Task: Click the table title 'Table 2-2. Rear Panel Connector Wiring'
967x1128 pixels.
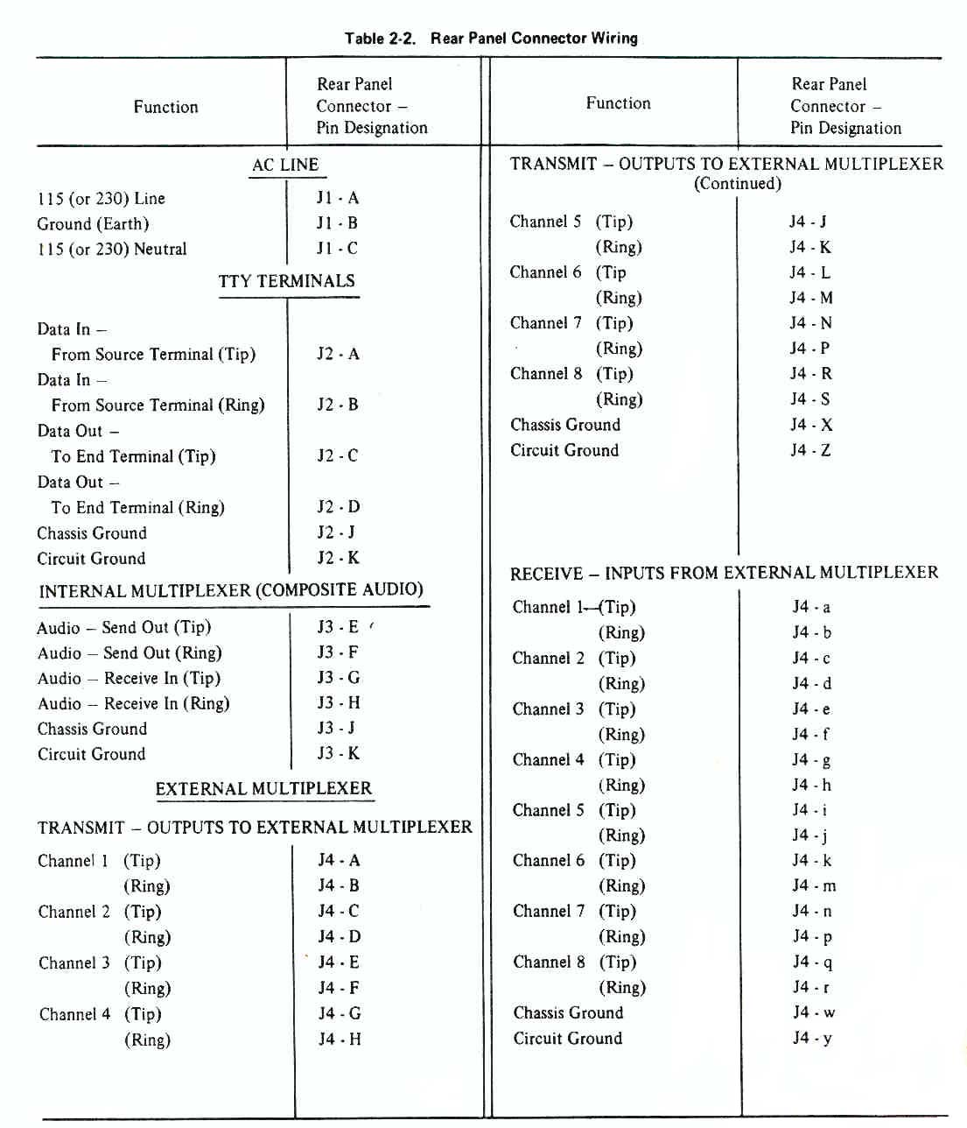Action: [x=491, y=39]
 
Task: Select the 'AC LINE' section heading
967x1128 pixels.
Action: [x=285, y=165]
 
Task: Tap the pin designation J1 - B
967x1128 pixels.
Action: [x=337, y=223]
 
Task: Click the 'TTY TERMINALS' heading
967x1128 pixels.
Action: [x=286, y=281]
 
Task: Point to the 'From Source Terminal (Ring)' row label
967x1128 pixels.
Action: [x=158, y=405]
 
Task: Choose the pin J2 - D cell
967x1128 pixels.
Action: [x=338, y=507]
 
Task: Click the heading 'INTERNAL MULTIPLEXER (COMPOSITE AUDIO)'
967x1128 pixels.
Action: [x=231, y=590]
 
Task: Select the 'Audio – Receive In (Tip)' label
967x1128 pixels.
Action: [x=129, y=679]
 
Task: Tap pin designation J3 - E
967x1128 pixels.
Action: [x=338, y=627]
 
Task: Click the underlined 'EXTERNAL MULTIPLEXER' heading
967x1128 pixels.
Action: [x=263, y=788]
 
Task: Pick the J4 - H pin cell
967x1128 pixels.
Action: [x=339, y=1040]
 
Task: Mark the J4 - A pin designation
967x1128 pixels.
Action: [x=339, y=861]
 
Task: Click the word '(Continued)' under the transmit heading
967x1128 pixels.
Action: [x=737, y=184]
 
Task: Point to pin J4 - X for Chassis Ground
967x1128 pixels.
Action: [x=810, y=426]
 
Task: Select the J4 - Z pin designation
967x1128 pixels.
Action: [x=810, y=451]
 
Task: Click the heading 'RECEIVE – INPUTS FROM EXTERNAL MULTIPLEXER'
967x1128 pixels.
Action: [x=724, y=574]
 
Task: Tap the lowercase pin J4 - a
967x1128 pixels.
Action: [x=811, y=607]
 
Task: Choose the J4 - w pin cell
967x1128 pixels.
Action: [x=813, y=1013]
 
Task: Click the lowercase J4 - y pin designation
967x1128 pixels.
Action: [x=812, y=1039]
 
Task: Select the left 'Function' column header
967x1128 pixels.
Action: [x=165, y=107]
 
